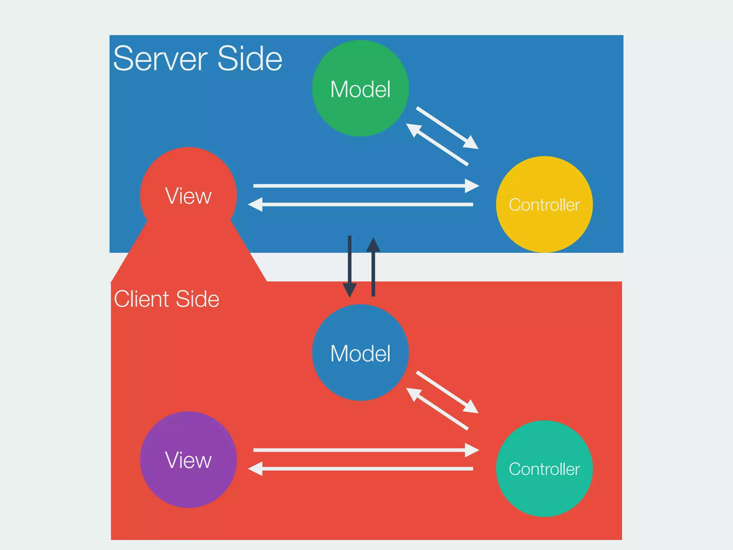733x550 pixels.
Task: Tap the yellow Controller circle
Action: point(544,229)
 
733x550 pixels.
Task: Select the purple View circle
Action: point(188,487)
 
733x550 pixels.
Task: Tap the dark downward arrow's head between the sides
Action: point(350,290)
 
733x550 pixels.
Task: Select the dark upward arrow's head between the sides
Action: point(373,245)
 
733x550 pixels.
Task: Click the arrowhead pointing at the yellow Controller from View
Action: point(472,185)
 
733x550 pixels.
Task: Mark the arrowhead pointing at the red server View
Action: point(256,204)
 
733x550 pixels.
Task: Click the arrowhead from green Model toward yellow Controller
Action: point(471,143)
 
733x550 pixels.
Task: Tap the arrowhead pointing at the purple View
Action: point(256,468)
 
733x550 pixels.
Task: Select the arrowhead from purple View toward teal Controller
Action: point(472,450)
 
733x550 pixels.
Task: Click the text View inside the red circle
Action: point(188,196)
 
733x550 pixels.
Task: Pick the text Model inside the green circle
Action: point(360,89)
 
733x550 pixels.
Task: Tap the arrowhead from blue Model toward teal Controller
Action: point(471,407)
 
